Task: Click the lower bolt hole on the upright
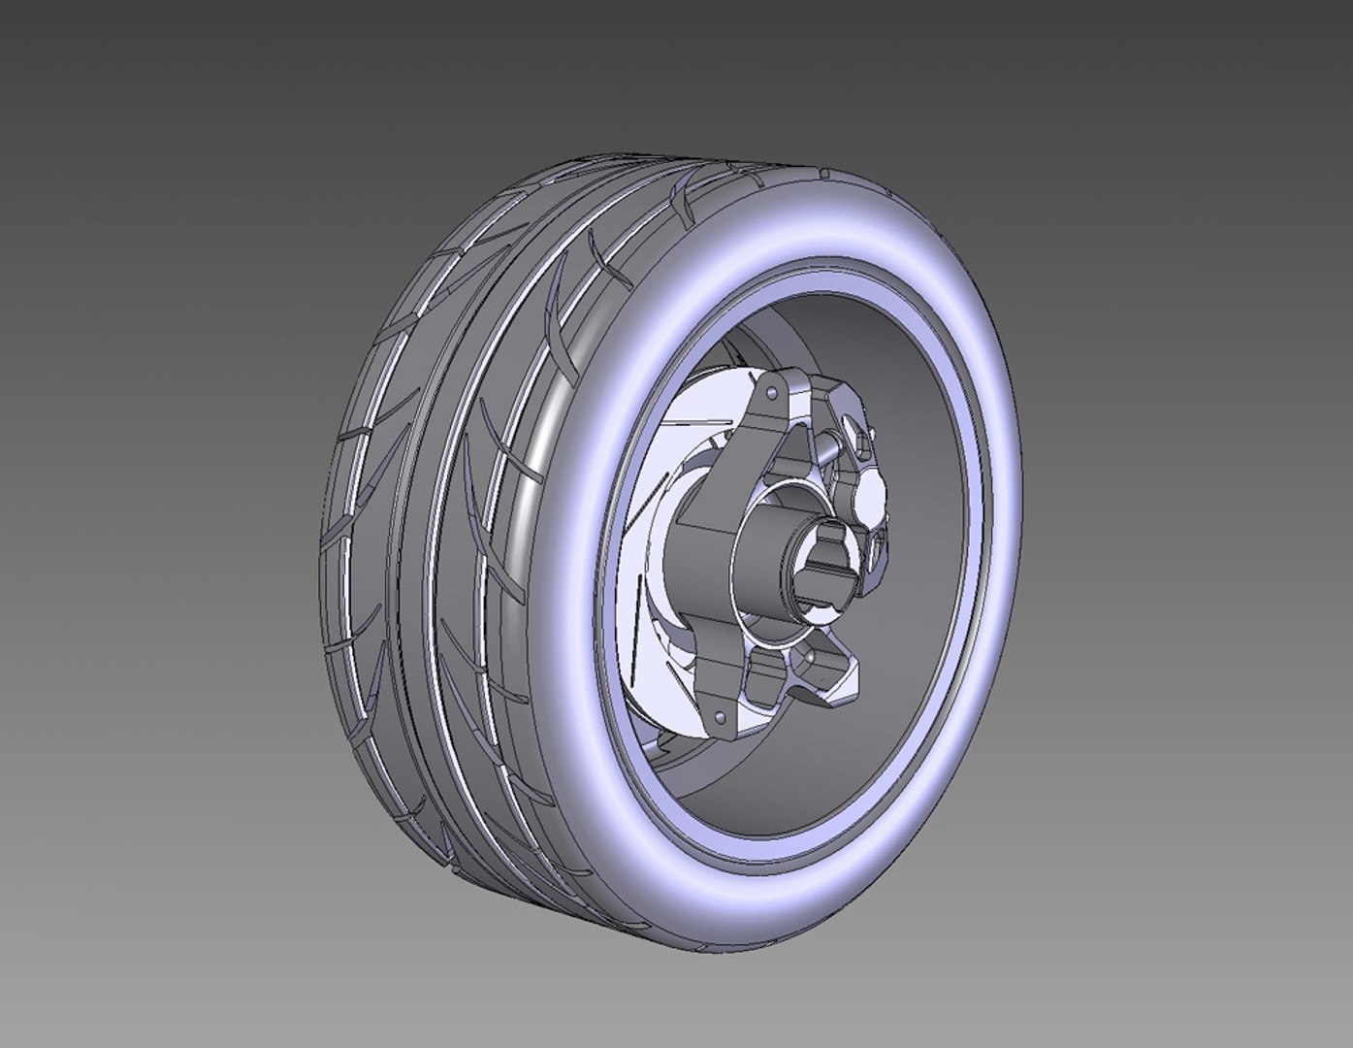pyautogui.click(x=720, y=717)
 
